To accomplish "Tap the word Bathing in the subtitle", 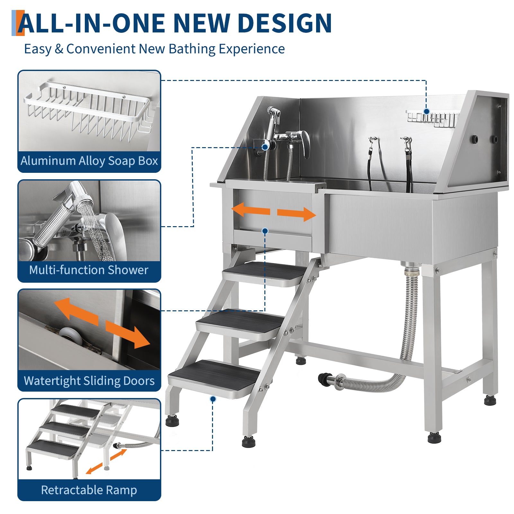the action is [192, 49].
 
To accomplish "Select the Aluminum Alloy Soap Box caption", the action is [89, 161].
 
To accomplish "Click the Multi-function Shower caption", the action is [89, 270].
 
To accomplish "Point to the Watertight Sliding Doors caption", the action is [89, 381].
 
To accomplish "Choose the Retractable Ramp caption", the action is [89, 490].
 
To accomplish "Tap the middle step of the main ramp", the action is [240, 324].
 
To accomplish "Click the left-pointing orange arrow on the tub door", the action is [251, 211].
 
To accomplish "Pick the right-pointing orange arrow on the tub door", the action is [297, 214].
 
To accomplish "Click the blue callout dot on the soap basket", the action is [426, 111].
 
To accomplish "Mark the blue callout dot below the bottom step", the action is [213, 399].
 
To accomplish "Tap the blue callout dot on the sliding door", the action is [265, 231].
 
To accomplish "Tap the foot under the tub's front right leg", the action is [434, 437].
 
